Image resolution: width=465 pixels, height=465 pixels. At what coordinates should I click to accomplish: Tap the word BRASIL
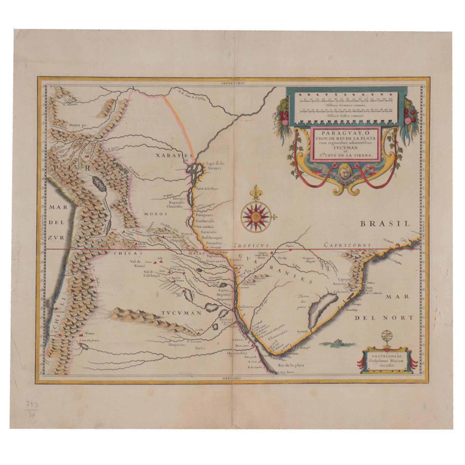pyautogui.click(x=385, y=224)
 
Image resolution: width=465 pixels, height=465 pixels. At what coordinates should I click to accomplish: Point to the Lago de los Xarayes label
pyautogui.click(x=215, y=166)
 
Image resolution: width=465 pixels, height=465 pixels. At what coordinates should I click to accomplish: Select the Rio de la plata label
pyautogui.click(x=290, y=365)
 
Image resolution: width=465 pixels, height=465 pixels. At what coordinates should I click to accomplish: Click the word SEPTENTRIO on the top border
pyautogui.click(x=234, y=83)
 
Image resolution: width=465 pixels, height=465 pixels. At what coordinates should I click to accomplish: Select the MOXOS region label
pyautogui.click(x=156, y=214)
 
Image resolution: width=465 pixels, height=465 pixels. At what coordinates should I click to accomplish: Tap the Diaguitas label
pyautogui.click(x=177, y=345)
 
